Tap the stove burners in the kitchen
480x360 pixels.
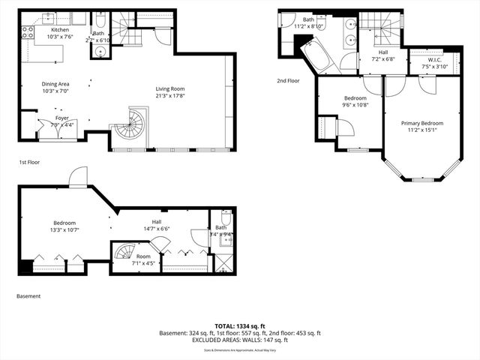(28, 33)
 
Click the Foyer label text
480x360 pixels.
(62, 118)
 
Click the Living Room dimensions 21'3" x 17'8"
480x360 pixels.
(170, 95)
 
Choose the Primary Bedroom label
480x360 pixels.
(421, 124)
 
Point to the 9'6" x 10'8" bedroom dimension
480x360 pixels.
(355, 105)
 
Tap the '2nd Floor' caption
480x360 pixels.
(288, 81)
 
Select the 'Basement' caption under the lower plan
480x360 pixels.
(28, 296)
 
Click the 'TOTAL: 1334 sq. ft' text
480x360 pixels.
(240, 325)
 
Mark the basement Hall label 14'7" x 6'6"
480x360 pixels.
(157, 229)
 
